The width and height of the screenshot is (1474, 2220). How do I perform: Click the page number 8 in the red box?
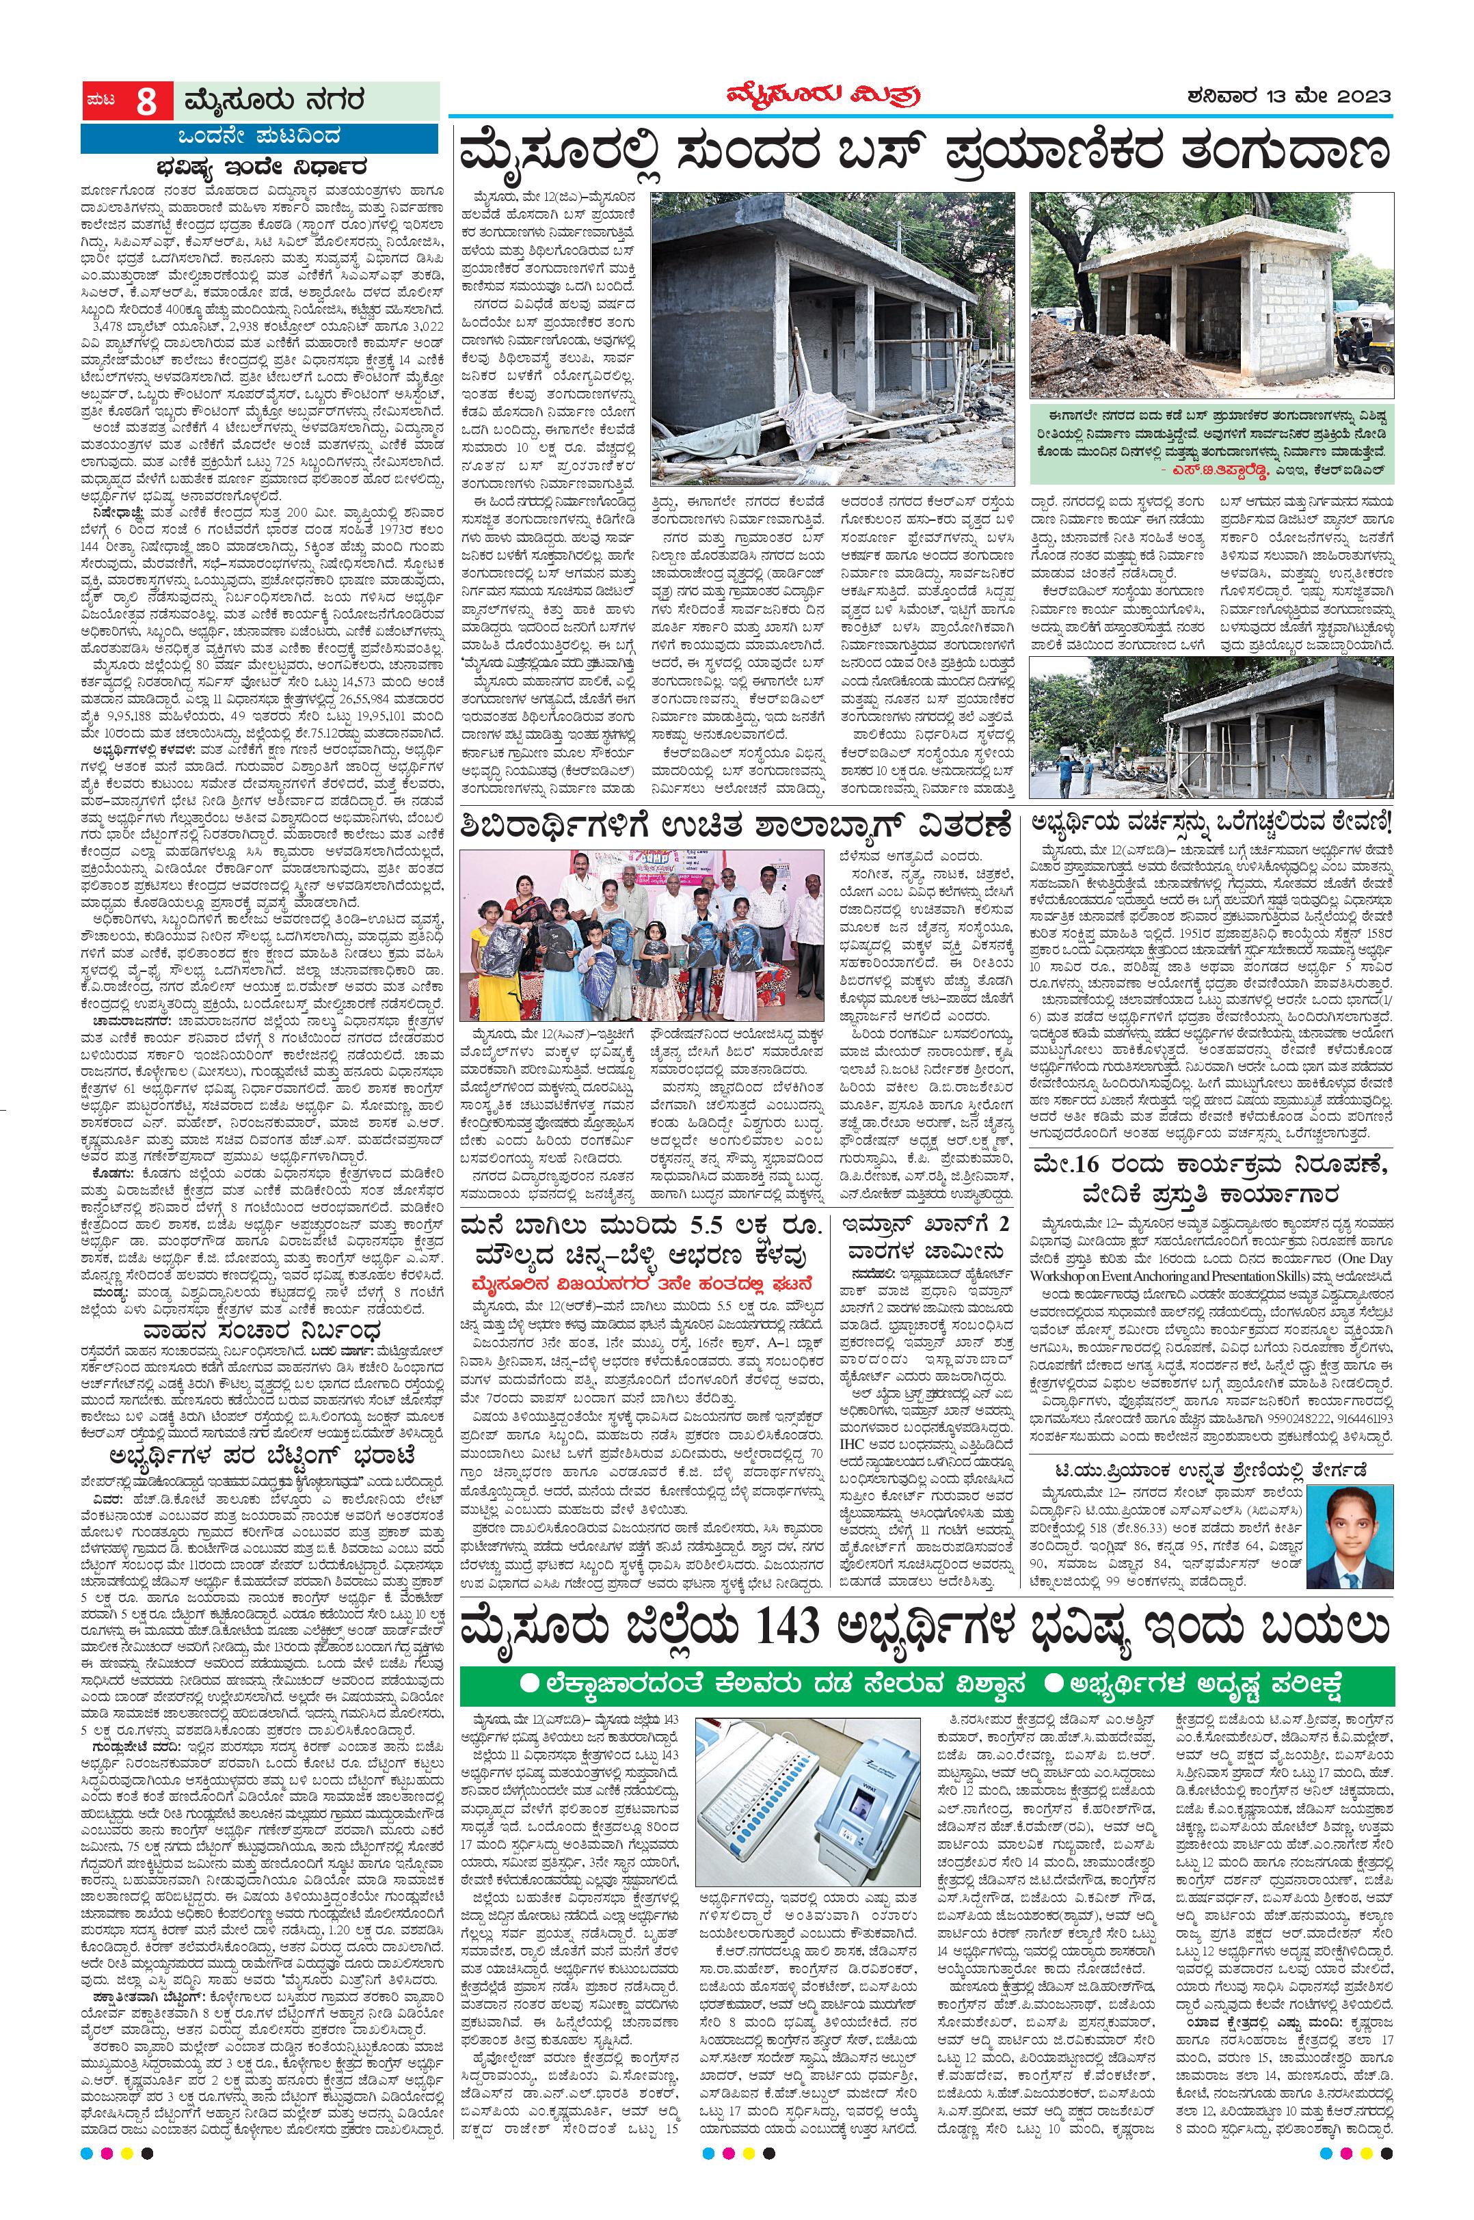click(146, 100)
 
